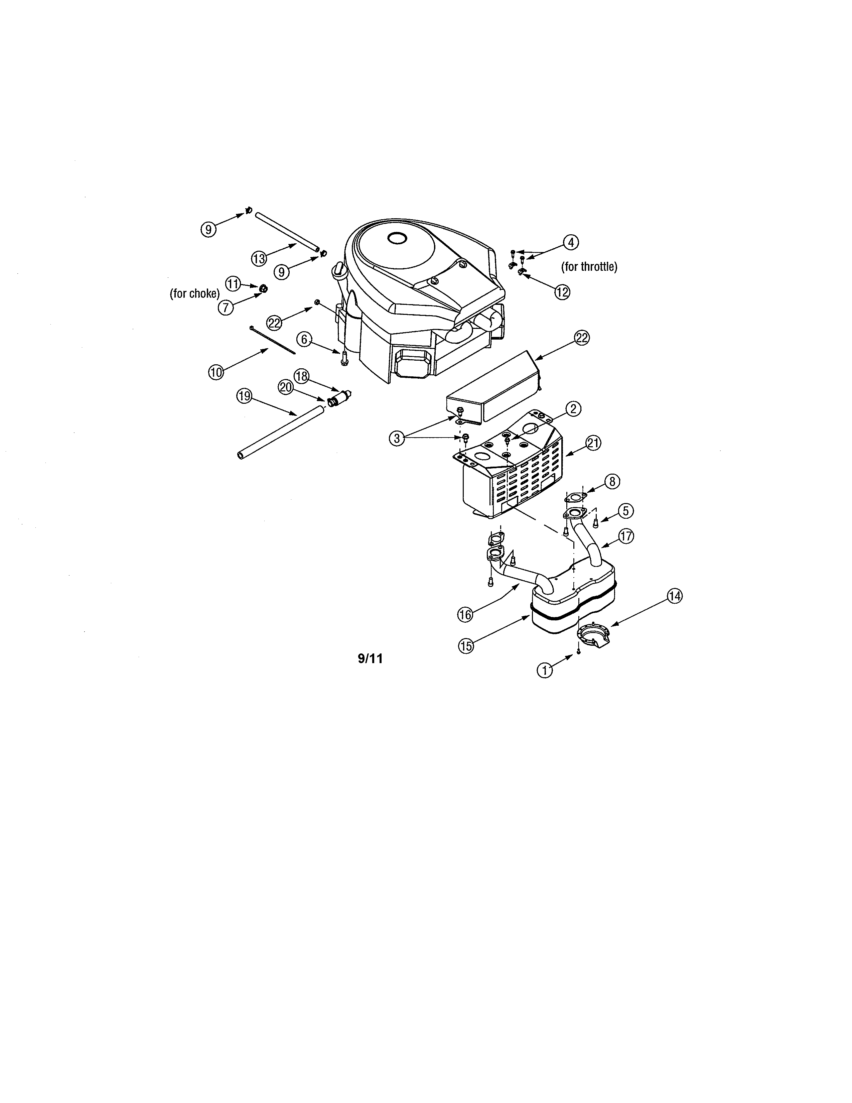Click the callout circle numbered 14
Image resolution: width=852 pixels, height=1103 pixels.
pyautogui.click(x=674, y=596)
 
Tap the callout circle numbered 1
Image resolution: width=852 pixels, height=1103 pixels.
pyautogui.click(x=544, y=670)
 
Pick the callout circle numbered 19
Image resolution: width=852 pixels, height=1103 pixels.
pyautogui.click(x=244, y=396)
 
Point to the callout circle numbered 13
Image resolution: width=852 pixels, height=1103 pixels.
pyautogui.click(x=259, y=259)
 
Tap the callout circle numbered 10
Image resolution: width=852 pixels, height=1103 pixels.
pyautogui.click(x=216, y=373)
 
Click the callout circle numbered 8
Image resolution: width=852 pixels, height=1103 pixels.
pyautogui.click(x=612, y=482)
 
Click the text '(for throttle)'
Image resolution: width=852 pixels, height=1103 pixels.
pyautogui.click(x=589, y=267)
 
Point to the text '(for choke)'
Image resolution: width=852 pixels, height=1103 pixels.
pyautogui.click(x=195, y=293)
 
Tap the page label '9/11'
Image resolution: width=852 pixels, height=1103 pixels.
pyautogui.click(x=371, y=658)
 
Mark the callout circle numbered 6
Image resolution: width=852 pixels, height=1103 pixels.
pyautogui.click(x=304, y=339)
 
